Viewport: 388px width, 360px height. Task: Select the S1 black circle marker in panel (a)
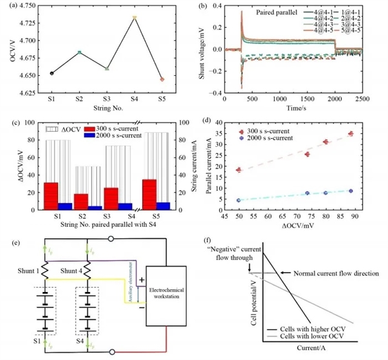pyautogui.click(x=52, y=73)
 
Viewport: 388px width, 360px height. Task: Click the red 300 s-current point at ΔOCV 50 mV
pyautogui.click(x=238, y=170)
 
